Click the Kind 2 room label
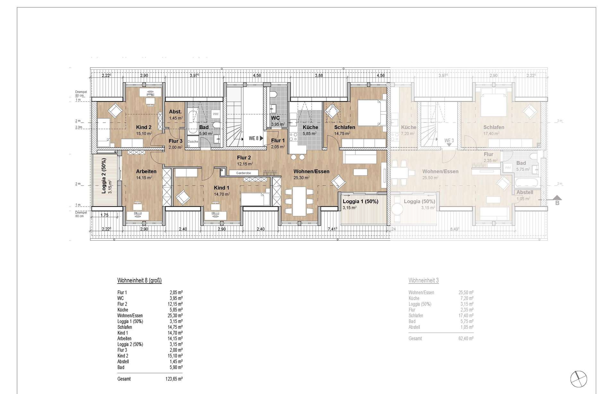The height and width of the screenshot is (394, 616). [143, 127]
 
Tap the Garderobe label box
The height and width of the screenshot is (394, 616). [243, 173]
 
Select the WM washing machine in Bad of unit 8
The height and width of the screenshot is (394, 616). [215, 114]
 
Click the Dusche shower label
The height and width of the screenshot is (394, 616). [193, 141]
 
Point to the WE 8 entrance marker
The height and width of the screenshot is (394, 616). [253, 138]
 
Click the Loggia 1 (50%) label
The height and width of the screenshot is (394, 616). [360, 201]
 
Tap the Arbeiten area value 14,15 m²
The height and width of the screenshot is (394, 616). [144, 177]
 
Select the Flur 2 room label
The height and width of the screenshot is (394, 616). [244, 158]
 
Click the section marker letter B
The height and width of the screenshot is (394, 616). [557, 203]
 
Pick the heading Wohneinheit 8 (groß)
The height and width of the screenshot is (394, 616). [139, 280]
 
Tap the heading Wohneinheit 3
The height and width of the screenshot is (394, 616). [424, 280]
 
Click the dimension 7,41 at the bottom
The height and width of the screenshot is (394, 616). [332, 229]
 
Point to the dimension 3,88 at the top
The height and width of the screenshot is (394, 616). [319, 76]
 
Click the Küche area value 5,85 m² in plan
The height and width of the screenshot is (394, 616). [310, 133]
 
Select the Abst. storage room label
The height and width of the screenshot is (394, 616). [175, 112]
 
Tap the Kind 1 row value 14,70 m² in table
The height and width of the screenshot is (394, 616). [176, 333]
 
